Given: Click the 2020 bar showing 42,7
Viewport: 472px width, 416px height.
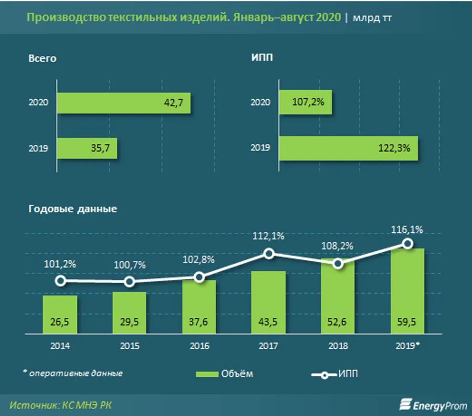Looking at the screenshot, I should (124, 103).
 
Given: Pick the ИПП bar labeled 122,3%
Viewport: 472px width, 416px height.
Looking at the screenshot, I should (348, 148).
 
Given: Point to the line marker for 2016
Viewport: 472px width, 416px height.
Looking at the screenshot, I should (199, 277).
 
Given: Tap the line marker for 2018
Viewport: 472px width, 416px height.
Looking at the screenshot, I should (338, 264).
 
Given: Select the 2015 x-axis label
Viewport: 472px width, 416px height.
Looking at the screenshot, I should (130, 346).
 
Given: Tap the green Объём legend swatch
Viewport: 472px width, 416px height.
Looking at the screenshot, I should (207, 374).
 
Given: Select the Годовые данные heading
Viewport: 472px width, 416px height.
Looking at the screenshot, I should (73, 209).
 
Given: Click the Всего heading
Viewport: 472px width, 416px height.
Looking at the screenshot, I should (42, 59).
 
